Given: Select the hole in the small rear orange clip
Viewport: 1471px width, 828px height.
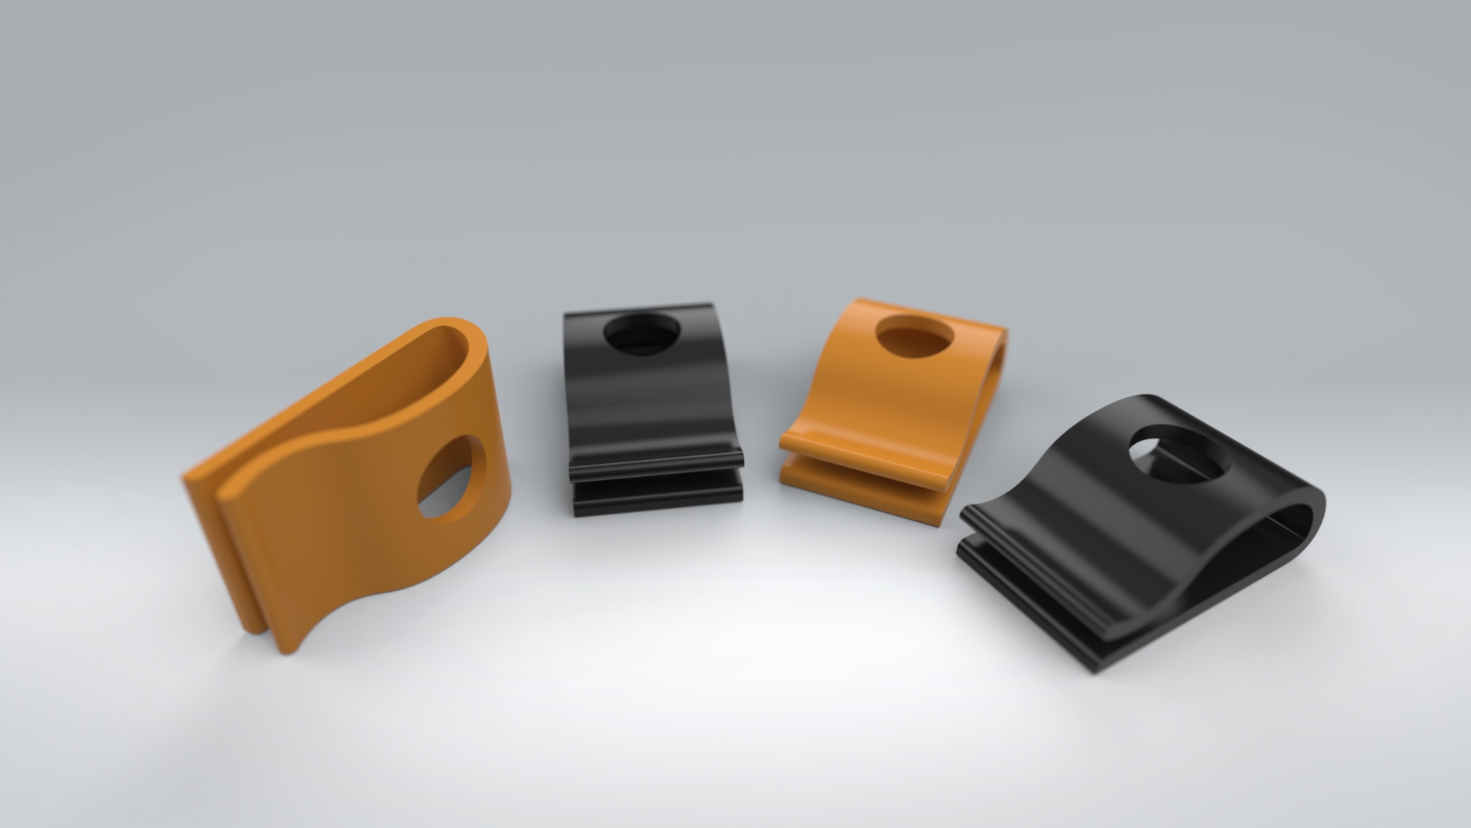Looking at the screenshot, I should coord(915,337).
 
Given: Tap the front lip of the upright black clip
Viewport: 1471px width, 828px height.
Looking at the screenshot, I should coord(657,461).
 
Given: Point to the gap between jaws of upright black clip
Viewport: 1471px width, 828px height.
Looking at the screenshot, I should coord(657,476).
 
